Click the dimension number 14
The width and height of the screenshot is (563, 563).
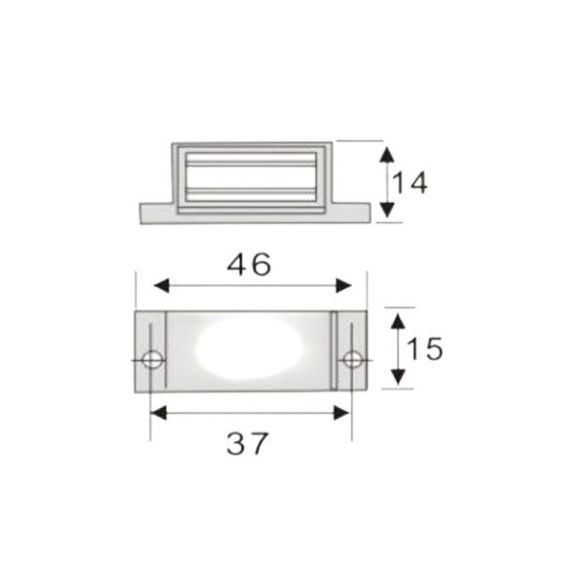coord(410,183)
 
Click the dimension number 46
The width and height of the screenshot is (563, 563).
coord(249,265)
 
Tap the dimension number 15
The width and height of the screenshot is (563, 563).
coord(425,349)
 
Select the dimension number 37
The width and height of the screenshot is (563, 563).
coord(248,444)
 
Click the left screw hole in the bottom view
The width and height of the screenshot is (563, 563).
coord(152,359)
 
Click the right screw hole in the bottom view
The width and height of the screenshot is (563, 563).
coord(353,359)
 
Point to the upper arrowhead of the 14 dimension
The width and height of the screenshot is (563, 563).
coord(387,155)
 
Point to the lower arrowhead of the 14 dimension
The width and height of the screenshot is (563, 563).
coord(387,209)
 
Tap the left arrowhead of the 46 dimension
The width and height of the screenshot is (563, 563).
coord(161,286)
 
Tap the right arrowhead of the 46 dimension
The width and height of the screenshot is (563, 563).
coord(343,286)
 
